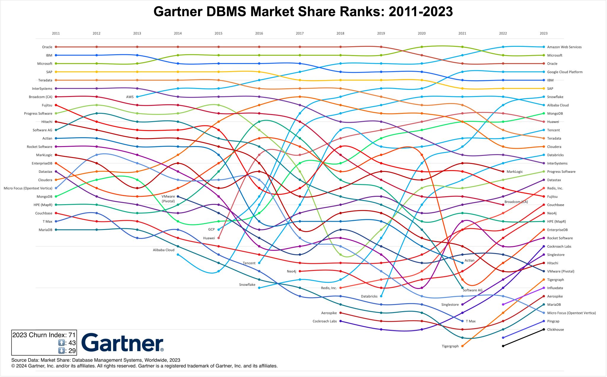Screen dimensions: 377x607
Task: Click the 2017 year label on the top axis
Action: click(x=300, y=33)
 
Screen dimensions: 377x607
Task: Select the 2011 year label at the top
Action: click(x=56, y=33)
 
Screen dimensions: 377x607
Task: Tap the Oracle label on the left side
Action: click(x=47, y=47)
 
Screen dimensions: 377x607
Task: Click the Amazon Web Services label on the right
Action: click(x=564, y=47)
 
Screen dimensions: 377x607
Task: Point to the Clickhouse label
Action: click(x=555, y=330)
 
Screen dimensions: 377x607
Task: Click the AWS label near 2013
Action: click(x=130, y=97)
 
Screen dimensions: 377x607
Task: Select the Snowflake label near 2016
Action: click(x=247, y=285)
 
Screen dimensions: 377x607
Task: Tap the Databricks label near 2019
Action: click(x=369, y=296)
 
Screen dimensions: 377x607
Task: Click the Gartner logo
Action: click(x=122, y=343)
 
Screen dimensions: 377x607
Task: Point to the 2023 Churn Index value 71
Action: click(x=72, y=335)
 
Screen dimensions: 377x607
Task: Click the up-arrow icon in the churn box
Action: click(x=61, y=343)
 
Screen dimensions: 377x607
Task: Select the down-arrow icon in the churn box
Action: click(x=61, y=351)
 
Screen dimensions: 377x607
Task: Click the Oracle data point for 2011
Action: click(x=56, y=47)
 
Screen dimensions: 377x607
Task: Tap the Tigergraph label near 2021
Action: click(x=450, y=346)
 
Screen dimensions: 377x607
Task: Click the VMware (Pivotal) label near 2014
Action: click(x=168, y=199)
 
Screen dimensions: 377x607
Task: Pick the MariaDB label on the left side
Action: click(x=45, y=230)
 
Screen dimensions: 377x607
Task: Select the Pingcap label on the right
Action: click(x=553, y=321)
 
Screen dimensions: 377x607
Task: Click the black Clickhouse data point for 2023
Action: click(x=544, y=329)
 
